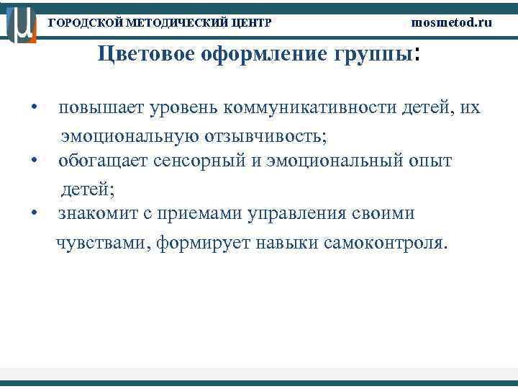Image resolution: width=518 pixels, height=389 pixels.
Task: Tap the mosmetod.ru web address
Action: click(452, 22)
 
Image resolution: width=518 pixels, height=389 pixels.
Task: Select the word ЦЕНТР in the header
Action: click(252, 23)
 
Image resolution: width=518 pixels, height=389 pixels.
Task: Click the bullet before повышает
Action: click(34, 109)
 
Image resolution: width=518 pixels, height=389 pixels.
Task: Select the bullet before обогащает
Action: click(34, 161)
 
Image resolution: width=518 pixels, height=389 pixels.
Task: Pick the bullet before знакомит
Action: click(34, 214)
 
